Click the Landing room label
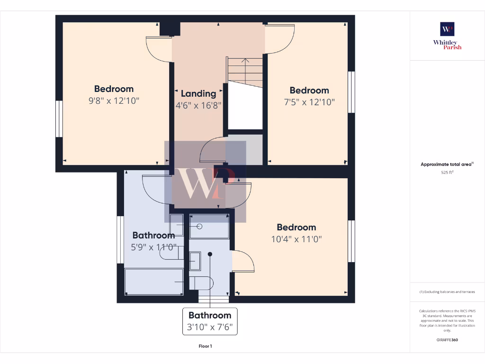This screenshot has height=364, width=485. click(198, 94)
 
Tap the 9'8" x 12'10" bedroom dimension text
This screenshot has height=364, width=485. click(114, 101)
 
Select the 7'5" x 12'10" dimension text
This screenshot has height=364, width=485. click(309, 102)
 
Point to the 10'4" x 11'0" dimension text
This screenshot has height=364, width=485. click(296, 239)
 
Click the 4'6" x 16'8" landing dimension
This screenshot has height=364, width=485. click(198, 106)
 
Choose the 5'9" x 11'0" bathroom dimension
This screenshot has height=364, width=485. click(153, 247)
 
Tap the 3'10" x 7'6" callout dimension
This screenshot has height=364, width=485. click(210, 327)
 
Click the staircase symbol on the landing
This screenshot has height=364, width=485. click(245, 71)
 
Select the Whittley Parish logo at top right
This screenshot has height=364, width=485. click(447, 36)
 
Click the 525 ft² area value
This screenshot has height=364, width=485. click(447, 173)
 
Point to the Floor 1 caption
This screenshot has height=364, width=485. click(205, 346)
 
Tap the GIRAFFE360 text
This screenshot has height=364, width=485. click(447, 340)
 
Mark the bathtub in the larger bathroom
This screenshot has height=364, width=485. click(154, 282)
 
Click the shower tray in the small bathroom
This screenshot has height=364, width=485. click(209, 226)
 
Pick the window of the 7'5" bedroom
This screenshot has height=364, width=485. click(351, 92)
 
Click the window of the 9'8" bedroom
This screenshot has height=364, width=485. click(59, 119)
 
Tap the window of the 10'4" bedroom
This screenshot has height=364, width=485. click(351, 241)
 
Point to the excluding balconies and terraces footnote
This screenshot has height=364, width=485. click(447, 292)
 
